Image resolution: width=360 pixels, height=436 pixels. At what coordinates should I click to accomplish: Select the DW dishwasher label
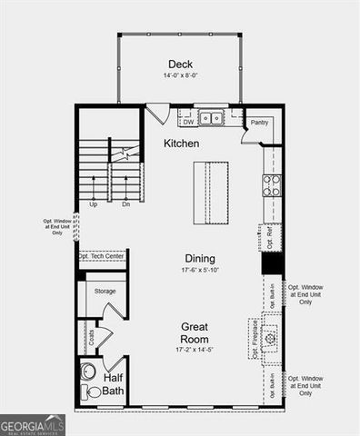point(188,121)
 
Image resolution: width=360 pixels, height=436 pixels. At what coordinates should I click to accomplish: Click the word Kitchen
point(181,144)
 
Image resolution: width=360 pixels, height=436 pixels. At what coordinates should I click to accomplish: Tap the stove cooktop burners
point(271,185)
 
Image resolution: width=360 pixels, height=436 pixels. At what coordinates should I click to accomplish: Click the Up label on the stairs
point(93,204)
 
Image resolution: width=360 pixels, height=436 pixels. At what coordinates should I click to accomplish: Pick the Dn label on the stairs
point(126,204)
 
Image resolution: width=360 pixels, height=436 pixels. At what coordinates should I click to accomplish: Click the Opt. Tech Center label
point(101,256)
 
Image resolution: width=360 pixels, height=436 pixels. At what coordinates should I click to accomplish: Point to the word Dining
point(200,258)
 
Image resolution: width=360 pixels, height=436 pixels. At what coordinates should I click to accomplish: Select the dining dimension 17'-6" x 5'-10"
point(198,270)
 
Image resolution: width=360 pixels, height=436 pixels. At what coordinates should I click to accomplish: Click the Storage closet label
point(105,291)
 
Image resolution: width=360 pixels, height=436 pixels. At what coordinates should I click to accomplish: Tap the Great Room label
point(195,332)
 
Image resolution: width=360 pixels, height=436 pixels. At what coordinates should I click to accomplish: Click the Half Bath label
point(114,384)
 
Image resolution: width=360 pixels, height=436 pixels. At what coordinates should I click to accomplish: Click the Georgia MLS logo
point(32,425)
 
